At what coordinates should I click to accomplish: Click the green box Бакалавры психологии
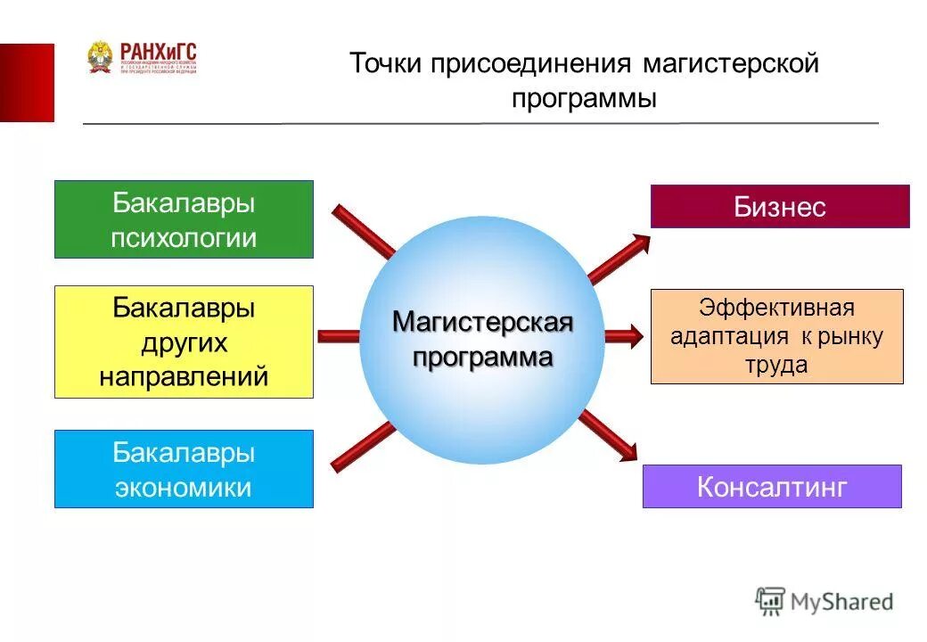(x=184, y=219)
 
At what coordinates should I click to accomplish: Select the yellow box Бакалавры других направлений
(x=184, y=342)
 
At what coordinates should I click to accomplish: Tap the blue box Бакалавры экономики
(x=184, y=469)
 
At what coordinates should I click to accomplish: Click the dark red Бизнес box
(x=780, y=207)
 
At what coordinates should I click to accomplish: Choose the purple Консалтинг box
(x=772, y=487)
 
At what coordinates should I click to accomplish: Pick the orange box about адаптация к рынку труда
(x=776, y=336)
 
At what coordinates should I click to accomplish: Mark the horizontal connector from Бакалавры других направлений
(x=340, y=336)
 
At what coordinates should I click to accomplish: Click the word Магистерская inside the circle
(x=482, y=322)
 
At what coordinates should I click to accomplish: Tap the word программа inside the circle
(x=482, y=358)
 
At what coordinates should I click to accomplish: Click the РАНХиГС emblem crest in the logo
(x=100, y=57)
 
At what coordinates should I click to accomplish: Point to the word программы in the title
(x=584, y=98)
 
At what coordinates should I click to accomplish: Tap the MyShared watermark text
(x=841, y=602)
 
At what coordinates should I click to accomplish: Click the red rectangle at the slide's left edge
(x=27, y=82)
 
